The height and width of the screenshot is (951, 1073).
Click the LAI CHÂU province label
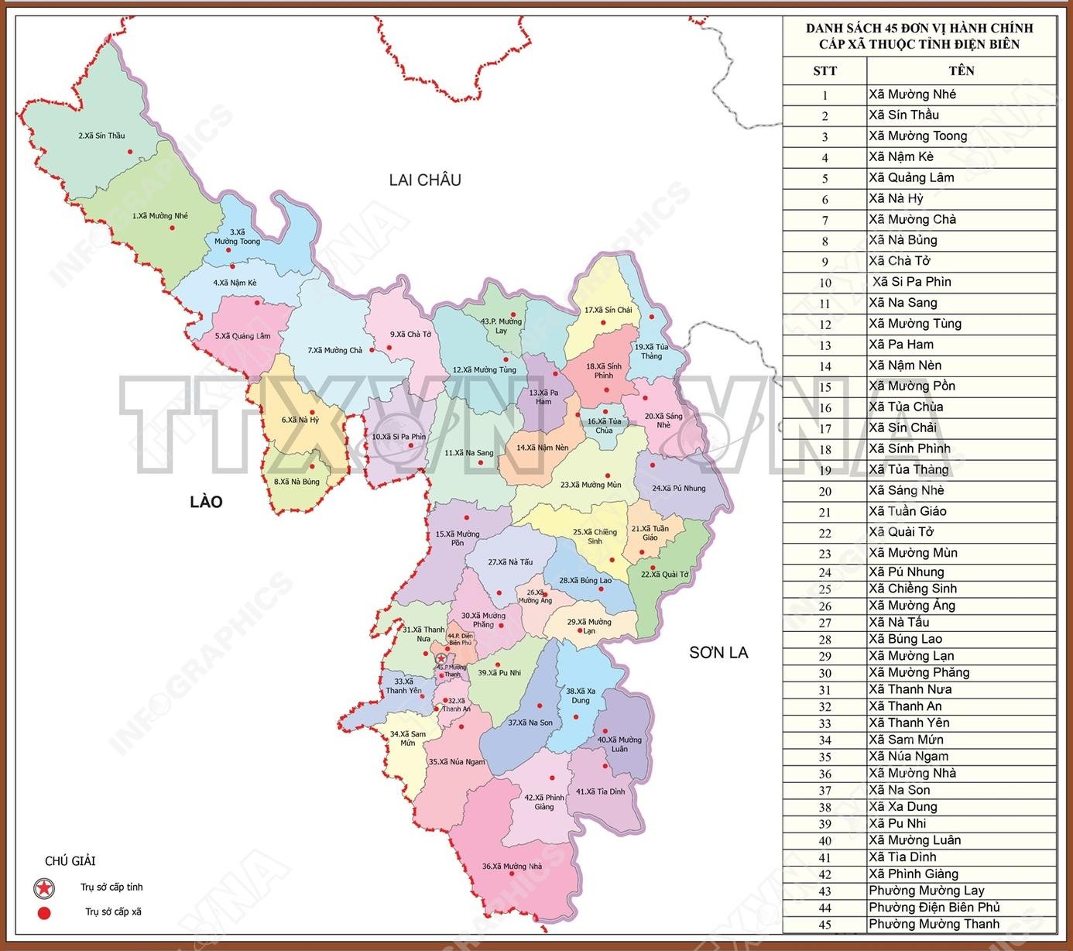[425, 180]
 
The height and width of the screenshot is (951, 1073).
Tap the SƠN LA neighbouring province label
[718, 653]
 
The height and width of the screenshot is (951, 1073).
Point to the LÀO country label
[206, 502]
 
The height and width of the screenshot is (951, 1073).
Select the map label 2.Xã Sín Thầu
[101, 136]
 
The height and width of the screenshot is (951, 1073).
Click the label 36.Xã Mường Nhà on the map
[512, 867]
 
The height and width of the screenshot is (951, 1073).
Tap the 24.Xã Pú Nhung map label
[678, 489]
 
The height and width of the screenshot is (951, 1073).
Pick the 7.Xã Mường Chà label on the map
[334, 350]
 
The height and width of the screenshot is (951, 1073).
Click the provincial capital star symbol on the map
[441, 659]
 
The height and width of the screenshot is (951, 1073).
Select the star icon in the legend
[45, 888]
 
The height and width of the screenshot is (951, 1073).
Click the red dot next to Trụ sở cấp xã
[44, 912]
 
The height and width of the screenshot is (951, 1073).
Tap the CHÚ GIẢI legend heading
[70, 861]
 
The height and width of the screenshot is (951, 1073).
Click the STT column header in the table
[824, 71]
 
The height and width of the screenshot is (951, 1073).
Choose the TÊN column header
[961, 70]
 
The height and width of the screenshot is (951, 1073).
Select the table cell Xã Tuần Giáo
[907, 511]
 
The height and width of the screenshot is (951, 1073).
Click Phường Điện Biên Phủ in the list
[934, 907]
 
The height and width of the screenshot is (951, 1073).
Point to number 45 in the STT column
[824, 925]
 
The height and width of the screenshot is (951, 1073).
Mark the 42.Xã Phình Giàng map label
[544, 802]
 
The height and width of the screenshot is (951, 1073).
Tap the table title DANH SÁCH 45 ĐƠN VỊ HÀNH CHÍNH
[919, 29]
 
